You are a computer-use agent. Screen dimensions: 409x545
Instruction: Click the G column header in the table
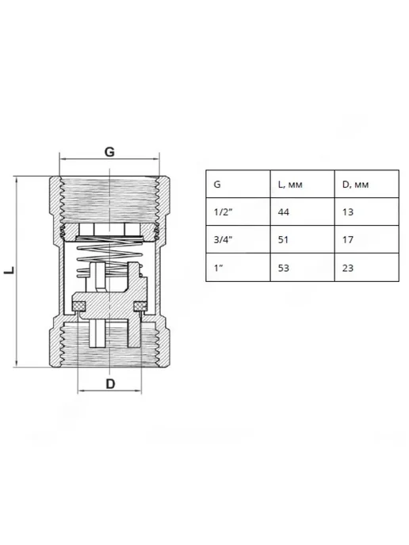[217, 185]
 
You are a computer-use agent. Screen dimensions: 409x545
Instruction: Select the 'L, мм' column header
[290, 185]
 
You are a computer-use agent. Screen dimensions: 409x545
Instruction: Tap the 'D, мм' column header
[355, 185]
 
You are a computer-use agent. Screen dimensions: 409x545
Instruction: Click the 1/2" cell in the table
[223, 212]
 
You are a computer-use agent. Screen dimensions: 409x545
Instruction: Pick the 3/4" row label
[223, 239]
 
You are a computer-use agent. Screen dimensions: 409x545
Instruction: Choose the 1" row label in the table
[218, 268]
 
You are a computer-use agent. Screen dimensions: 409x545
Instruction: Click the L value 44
[284, 212]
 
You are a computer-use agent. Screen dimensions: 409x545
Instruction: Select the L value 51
[283, 239]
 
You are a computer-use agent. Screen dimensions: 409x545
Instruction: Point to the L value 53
[284, 268]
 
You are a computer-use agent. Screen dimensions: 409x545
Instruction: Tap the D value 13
[348, 212]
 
